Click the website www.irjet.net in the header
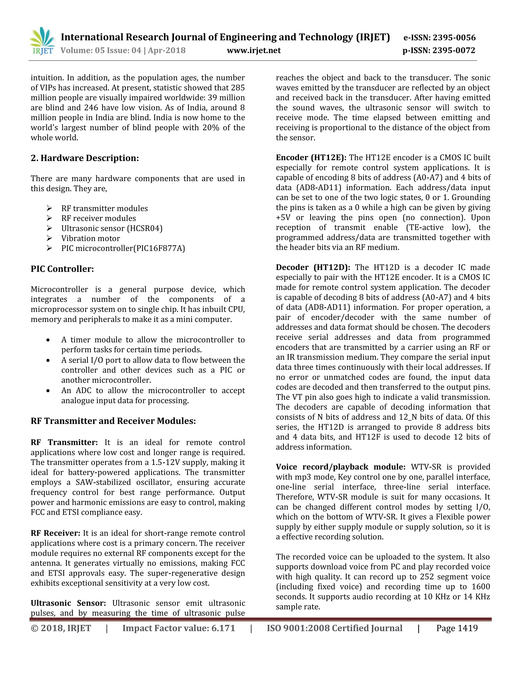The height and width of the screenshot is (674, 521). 254,50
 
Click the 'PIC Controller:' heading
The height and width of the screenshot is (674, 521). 62,269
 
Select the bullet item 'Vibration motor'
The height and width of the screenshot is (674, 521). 90,238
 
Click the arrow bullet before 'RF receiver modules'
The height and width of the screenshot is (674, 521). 49,218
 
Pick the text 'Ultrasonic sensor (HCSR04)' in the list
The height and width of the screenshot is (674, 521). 112,228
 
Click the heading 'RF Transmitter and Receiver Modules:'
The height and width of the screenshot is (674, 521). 113,421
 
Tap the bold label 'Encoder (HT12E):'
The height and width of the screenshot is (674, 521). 311,158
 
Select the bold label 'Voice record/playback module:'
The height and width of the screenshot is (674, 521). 340,467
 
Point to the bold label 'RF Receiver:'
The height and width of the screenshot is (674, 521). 55,533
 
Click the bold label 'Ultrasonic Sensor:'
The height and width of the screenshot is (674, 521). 68,603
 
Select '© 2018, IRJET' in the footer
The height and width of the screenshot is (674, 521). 61,628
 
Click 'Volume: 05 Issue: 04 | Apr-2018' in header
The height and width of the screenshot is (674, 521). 123,50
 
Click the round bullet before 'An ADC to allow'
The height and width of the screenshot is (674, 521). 48,391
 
